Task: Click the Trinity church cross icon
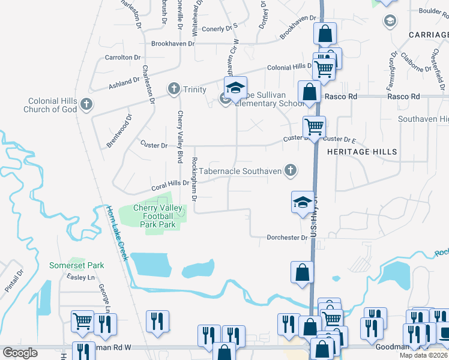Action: coord(174,89)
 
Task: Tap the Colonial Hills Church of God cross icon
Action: coord(86,105)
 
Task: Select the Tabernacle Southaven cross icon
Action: coord(291,171)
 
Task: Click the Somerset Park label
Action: coord(76,265)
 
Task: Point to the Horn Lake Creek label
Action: coord(117,233)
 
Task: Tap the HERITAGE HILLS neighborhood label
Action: coord(362,152)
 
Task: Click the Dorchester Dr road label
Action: coord(287,238)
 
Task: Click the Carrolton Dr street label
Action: coord(122,58)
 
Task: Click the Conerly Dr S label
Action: coord(221,29)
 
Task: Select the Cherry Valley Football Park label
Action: coord(154,216)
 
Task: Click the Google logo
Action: coord(20,353)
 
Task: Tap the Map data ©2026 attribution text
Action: coord(423,355)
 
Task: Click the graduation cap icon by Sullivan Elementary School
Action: coord(236,87)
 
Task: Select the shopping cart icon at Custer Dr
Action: coord(314,127)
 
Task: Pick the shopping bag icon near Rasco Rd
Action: coord(309,93)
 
